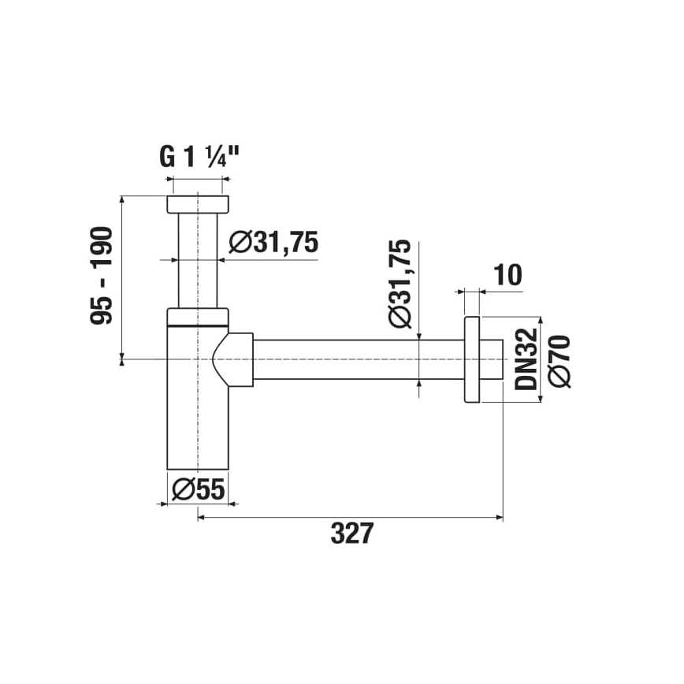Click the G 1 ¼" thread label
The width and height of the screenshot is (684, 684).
tap(199, 158)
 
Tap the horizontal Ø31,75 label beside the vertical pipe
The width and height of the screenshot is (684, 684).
tap(273, 243)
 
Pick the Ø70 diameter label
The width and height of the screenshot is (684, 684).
tap(560, 360)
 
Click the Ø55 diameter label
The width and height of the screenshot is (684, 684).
tap(198, 489)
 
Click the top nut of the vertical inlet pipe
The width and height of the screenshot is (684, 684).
tap(199, 205)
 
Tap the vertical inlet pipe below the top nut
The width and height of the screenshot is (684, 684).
tap(198, 260)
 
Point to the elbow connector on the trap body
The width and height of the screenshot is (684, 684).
tap(235, 360)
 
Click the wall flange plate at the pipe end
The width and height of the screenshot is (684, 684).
tap(473, 360)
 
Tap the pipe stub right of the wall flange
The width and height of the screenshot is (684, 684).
tap(492, 360)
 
